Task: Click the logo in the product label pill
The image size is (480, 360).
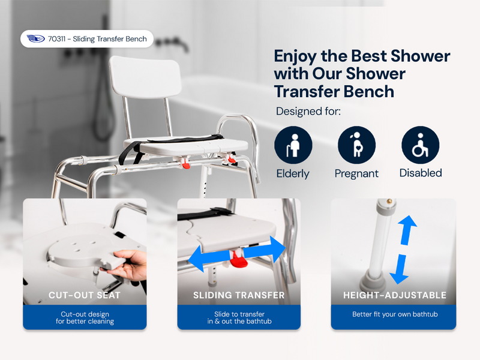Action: point(36,39)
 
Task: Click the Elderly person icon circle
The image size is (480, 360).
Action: point(293,145)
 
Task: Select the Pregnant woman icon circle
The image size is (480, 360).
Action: point(356,145)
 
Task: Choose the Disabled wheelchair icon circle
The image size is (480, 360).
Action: point(420,145)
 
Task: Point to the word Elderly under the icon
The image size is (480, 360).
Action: point(293,173)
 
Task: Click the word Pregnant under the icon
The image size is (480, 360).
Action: point(356,173)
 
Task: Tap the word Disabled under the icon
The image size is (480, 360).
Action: point(420,173)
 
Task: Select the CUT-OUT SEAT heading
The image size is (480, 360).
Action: point(85,295)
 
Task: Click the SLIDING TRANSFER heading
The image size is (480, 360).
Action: point(239,295)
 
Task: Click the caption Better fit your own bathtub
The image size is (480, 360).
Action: point(394,314)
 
